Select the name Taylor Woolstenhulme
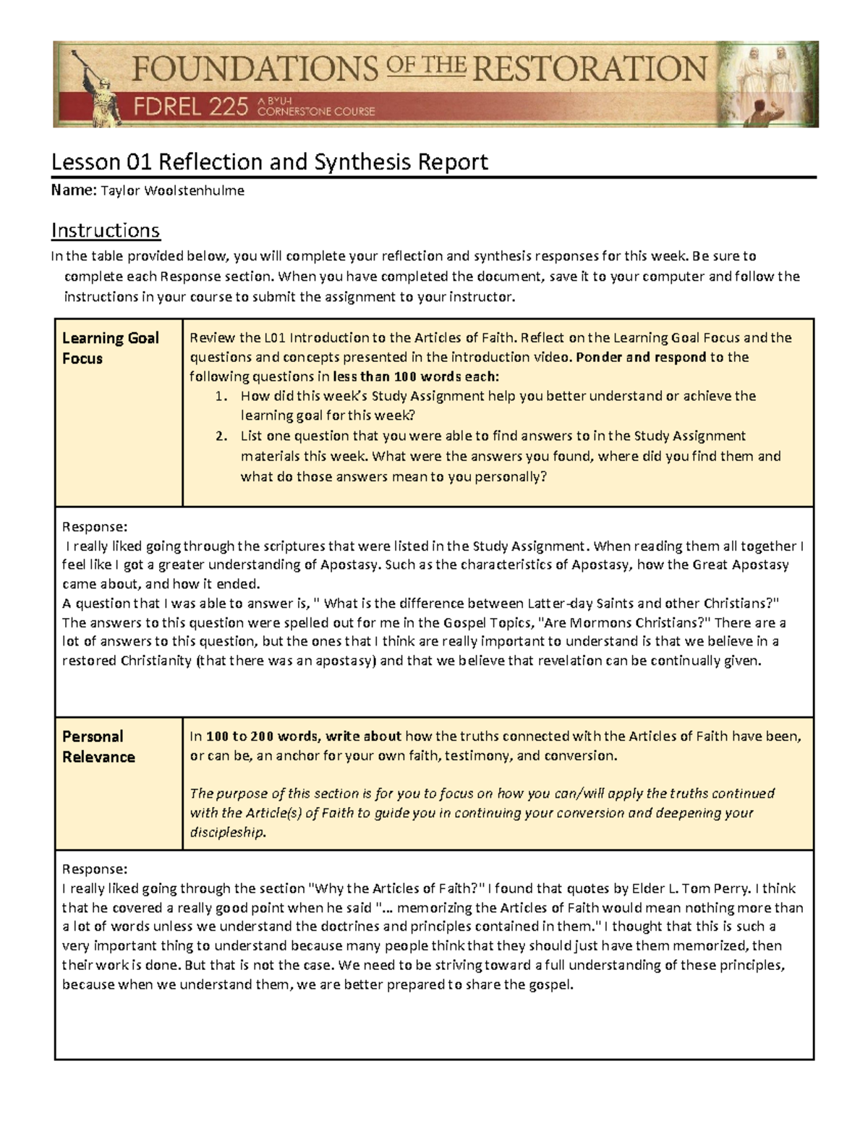pyautogui.click(x=172, y=191)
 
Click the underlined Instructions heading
pyautogui.click(x=106, y=231)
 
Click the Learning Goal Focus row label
pyautogui.click(x=110, y=348)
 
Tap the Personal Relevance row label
pyautogui.click(x=98, y=746)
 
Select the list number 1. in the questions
pyautogui.click(x=221, y=396)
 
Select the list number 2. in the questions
pyautogui.click(x=221, y=436)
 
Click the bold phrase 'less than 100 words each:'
pyautogui.click(x=416, y=376)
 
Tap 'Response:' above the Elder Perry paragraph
pyautogui.click(x=95, y=869)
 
